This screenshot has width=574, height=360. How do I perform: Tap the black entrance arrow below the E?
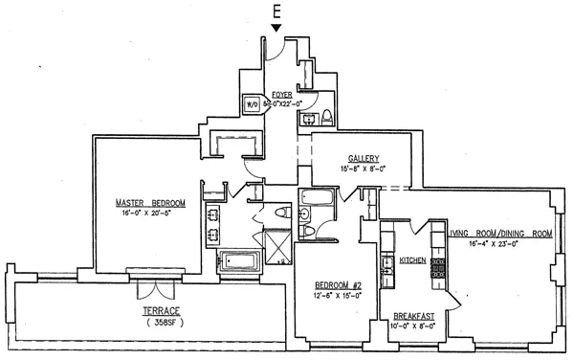(276, 29)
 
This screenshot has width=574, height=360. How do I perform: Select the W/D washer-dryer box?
(254, 105)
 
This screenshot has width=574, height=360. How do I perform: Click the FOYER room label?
(281, 94)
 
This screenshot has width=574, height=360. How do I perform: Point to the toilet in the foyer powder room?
(326, 118)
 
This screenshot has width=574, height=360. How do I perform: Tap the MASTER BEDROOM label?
(150, 203)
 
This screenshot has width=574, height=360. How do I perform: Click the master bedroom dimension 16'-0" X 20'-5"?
(150, 214)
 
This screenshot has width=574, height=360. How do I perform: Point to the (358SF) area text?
(149, 325)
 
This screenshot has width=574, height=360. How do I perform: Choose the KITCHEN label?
(412, 260)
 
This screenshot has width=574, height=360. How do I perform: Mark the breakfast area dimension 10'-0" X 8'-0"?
(414, 326)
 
